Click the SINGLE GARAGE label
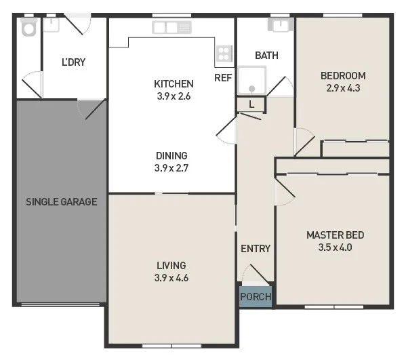pyautogui.click(x=61, y=201)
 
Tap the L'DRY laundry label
pyautogui.click(x=73, y=62)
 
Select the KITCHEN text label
pyautogui.click(x=174, y=83)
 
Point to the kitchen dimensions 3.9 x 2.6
pyautogui.click(x=174, y=96)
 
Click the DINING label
pyautogui.click(x=171, y=155)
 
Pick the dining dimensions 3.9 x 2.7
pyautogui.click(x=171, y=167)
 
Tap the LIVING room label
pyautogui.click(x=171, y=265)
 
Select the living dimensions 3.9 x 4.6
pyautogui.click(x=171, y=277)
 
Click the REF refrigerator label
pyautogui.click(x=223, y=77)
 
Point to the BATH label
pyautogui.click(x=266, y=56)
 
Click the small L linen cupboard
pyautogui.click(x=251, y=104)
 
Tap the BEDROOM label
pyautogui.click(x=343, y=75)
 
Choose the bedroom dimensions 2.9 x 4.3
pyautogui.click(x=343, y=87)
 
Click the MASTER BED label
pyautogui.click(x=335, y=235)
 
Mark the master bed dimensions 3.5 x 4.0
pyautogui.click(x=335, y=247)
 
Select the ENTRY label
pyautogui.click(x=256, y=249)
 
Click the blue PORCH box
pyautogui.click(x=256, y=297)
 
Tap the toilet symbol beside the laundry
pyautogui.click(x=28, y=27)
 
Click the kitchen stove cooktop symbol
pyautogui.click(x=224, y=54)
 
